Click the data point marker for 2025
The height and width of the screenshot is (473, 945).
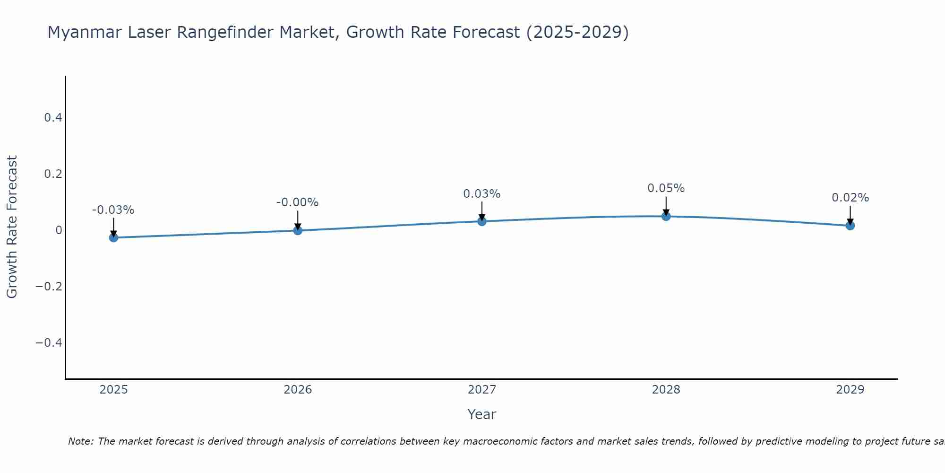coord(113,237)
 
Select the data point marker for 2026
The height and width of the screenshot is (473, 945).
coord(298,230)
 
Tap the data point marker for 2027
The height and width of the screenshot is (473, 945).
coord(482,221)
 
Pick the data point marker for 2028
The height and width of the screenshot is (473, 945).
coord(666,216)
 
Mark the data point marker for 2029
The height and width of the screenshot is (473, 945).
coord(850,226)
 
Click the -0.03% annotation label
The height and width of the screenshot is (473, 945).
coord(113,210)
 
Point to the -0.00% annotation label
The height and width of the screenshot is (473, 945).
coord(298,202)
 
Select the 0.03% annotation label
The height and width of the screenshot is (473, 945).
coord(482,194)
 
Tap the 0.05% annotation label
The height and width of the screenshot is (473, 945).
coord(666,188)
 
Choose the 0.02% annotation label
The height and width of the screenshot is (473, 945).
coord(850,198)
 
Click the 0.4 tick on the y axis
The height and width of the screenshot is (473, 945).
coord(53,118)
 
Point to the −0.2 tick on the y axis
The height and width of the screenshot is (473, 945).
coord(49,287)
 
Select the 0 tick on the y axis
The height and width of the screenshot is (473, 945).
coord(59,230)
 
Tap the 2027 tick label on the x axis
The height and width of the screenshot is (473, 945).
coord(482,390)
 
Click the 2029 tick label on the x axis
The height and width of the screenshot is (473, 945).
coord(850,390)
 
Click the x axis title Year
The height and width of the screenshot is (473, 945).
coord(482,414)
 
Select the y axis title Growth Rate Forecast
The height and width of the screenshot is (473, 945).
coord(12,227)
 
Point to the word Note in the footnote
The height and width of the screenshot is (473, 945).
coord(81,441)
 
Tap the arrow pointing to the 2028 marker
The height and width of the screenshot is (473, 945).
coord(666,206)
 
